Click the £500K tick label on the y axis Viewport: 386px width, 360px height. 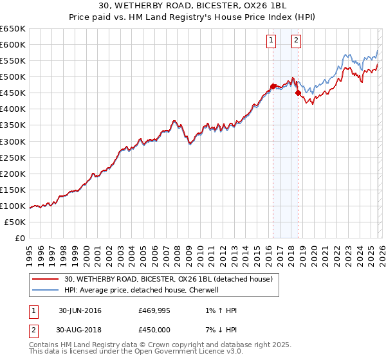click(x=13, y=77)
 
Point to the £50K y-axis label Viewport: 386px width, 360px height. click(x=15, y=222)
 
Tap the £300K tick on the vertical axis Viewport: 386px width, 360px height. click(x=13, y=141)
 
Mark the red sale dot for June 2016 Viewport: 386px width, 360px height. click(x=273, y=86)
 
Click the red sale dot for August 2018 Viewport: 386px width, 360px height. click(x=298, y=93)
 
